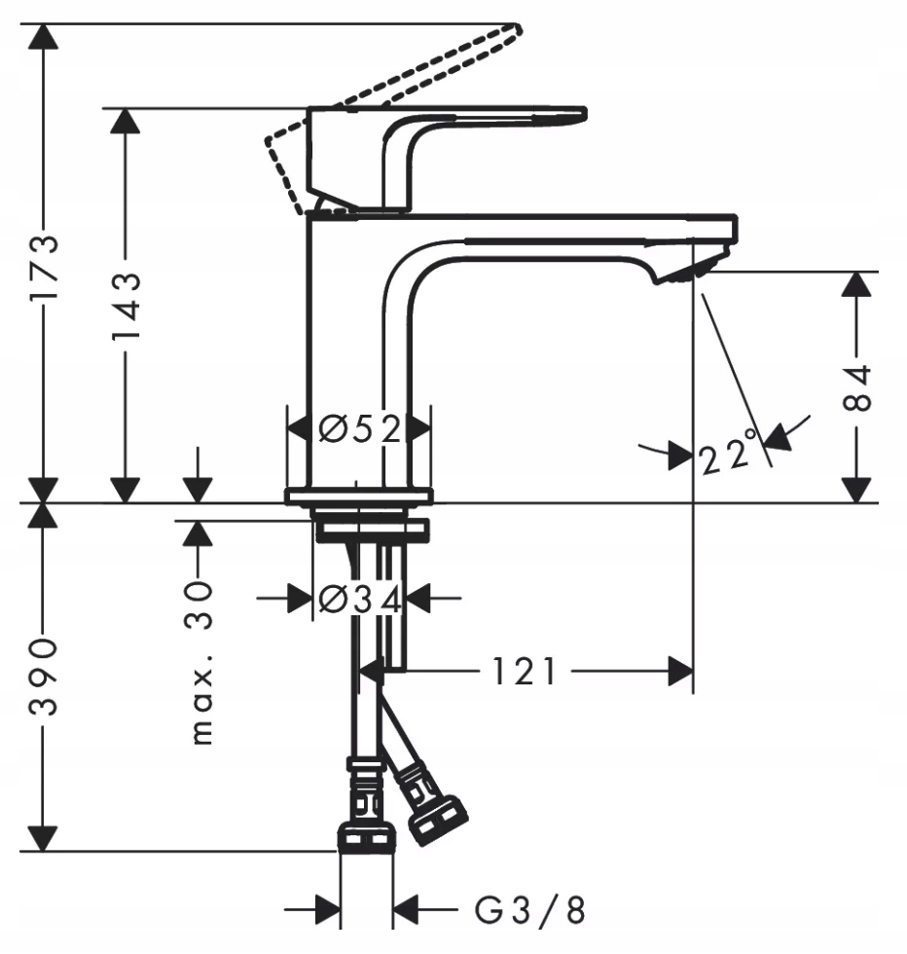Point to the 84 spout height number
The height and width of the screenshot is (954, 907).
pyautogui.click(x=855, y=389)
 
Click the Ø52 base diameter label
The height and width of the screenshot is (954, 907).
pyautogui.click(x=358, y=428)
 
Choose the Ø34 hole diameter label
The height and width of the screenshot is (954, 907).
pyautogui.click(x=358, y=599)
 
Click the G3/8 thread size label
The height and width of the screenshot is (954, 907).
pyautogui.click(x=530, y=911)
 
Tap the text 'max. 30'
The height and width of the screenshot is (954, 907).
pyautogui.click(x=200, y=662)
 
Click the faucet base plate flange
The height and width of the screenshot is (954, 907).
pyautogui.click(x=358, y=497)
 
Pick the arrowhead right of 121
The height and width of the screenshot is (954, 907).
pyautogui.click(x=680, y=671)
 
